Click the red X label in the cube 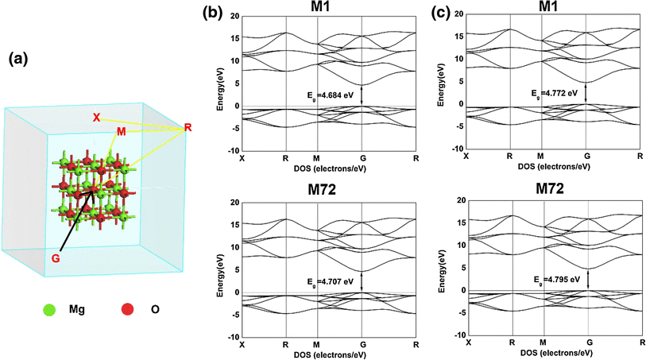pyautogui.click(x=96, y=118)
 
